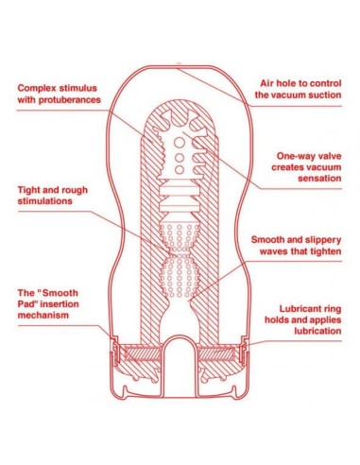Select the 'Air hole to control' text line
297,83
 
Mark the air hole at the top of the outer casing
178,63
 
